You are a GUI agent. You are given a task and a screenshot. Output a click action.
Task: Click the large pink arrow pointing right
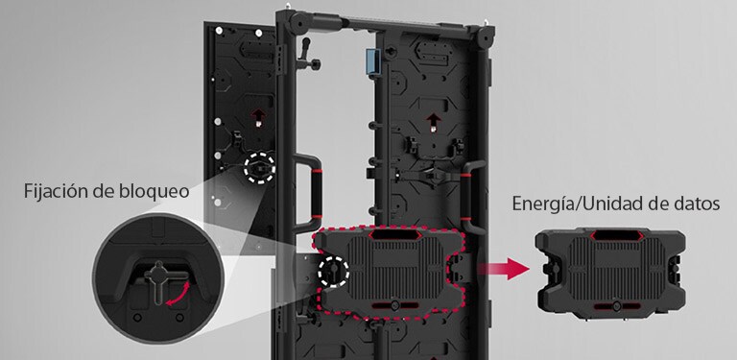pyautogui.click(x=504, y=270)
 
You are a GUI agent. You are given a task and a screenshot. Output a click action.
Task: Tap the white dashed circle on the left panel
pyautogui.click(x=259, y=168)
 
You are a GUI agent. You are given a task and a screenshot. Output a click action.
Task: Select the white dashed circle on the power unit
pyautogui.click(x=334, y=271)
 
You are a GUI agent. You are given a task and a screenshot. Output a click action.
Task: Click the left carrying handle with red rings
pyautogui.click(x=309, y=194)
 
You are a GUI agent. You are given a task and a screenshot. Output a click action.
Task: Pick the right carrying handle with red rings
pyautogui.click(x=470, y=198)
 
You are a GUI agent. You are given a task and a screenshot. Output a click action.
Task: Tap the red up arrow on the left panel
pyautogui.click(x=257, y=117)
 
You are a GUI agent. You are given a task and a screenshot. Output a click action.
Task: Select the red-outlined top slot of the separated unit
pyautogui.click(x=616, y=235)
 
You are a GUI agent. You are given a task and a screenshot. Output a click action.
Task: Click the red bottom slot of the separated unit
pyautogui.click(x=617, y=306)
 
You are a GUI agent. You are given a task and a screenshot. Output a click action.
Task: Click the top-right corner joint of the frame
pyautogui.click(x=484, y=36)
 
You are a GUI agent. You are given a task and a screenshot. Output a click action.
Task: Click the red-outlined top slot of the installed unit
pyautogui.click(x=393, y=234)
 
